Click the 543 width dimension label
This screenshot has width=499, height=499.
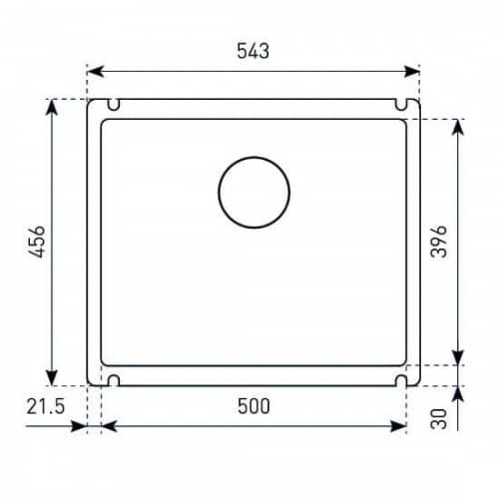[x=253, y=51]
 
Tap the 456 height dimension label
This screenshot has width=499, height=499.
[x=37, y=242]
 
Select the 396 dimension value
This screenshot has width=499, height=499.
[x=438, y=242]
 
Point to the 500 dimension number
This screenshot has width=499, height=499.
[x=253, y=406]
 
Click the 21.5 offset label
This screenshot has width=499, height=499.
[x=46, y=406]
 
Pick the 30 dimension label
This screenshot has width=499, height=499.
[x=438, y=419]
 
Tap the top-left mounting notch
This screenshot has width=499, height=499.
[x=114, y=105]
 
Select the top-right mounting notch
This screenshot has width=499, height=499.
[x=401, y=105]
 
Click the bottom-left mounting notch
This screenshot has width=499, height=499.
[x=114, y=380]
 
